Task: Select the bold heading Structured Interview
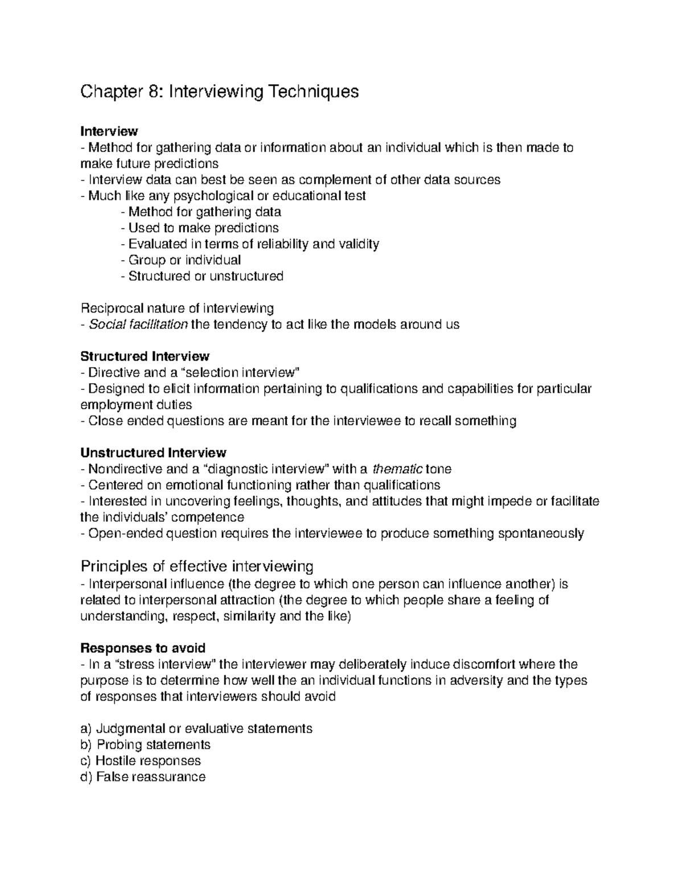pyautogui.click(x=145, y=356)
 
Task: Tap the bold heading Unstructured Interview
pyautogui.click(x=153, y=453)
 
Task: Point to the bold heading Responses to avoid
pyautogui.click(x=143, y=648)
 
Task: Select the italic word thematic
pyautogui.click(x=397, y=469)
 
